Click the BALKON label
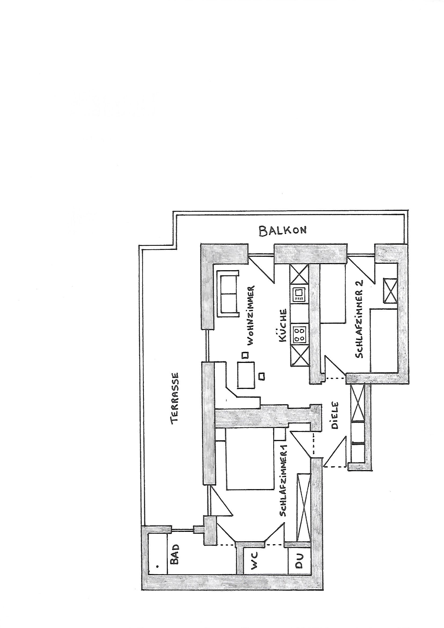(282, 230)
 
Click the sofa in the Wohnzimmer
(227, 294)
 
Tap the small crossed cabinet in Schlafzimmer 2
(390, 290)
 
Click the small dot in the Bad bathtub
(157, 565)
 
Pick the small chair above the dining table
(245, 355)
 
